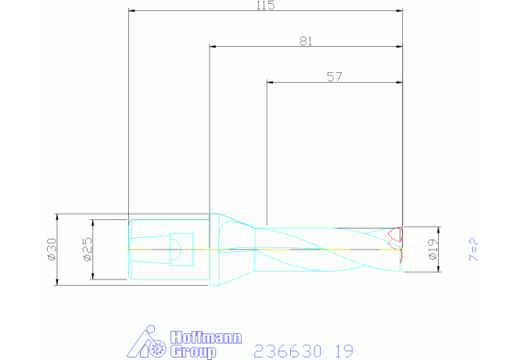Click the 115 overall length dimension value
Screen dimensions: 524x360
click(x=266, y=5)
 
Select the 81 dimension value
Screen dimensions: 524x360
click(x=306, y=41)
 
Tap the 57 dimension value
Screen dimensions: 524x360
click(x=335, y=77)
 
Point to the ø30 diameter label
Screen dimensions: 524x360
click(x=52, y=250)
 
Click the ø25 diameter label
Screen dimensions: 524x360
click(x=88, y=250)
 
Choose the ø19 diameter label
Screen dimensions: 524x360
click(x=432, y=250)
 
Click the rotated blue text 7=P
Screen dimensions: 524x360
click(x=474, y=250)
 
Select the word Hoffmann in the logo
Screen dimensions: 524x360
click(x=206, y=337)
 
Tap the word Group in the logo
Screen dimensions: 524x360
click(x=193, y=352)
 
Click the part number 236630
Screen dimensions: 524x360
click(x=288, y=351)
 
